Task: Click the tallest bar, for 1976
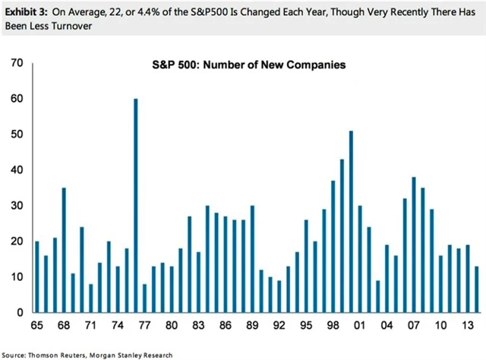(x=136, y=205)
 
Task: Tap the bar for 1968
(x=65, y=250)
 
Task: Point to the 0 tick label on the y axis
(x=20, y=313)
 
